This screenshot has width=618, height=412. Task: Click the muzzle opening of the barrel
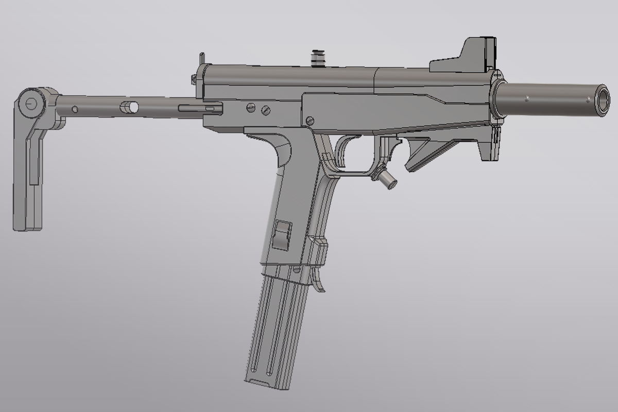tap(601, 98)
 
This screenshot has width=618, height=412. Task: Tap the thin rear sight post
tap(202, 58)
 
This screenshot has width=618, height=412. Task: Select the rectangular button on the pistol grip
tap(283, 235)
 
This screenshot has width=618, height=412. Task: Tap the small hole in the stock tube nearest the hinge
tap(75, 109)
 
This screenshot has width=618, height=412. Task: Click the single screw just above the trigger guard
tap(310, 121)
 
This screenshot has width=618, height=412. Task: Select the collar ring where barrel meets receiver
tap(497, 97)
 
